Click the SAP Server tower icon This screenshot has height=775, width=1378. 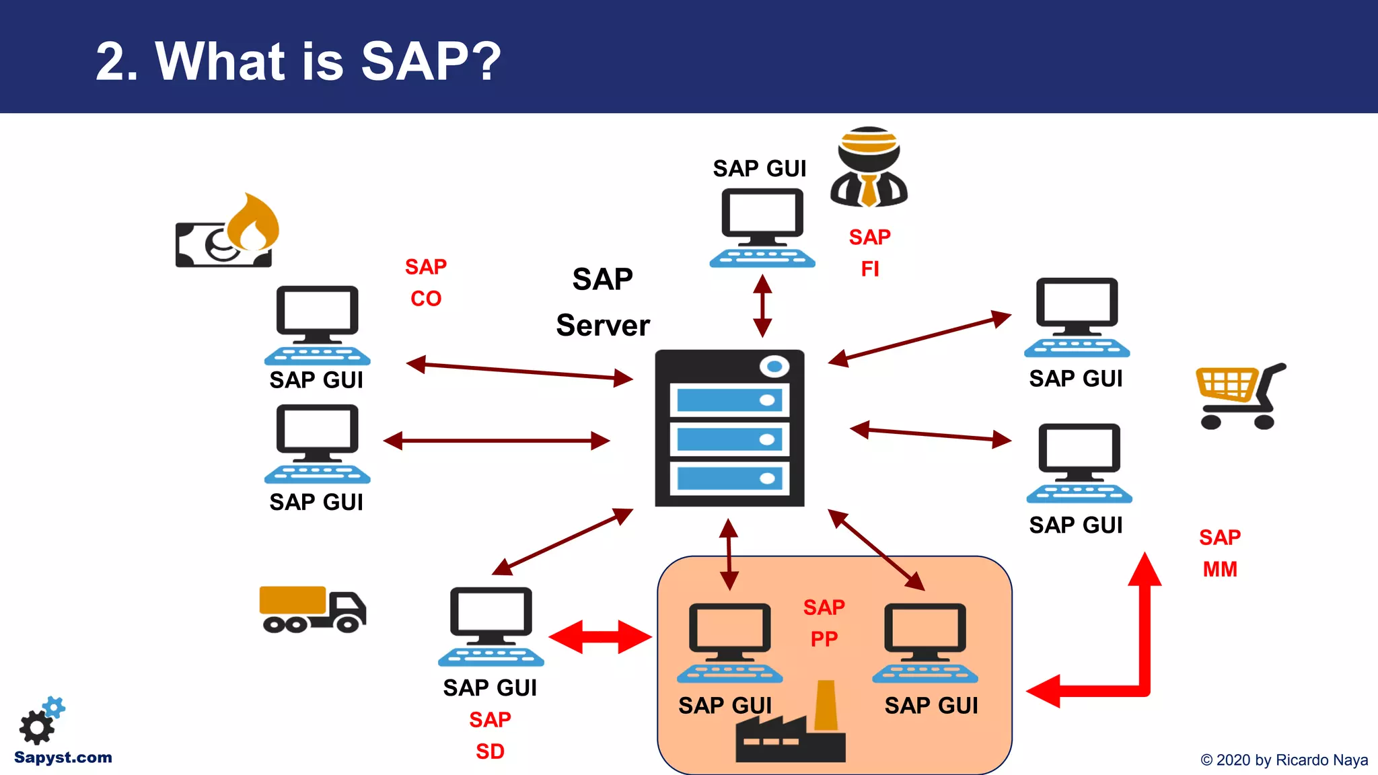coord(729,428)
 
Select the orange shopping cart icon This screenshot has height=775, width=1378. coord(1239,396)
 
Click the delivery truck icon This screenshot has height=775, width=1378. coord(312,610)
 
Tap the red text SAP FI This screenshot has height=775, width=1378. coord(869,253)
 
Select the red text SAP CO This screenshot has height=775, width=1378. coord(425,283)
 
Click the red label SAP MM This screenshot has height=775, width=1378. coord(1219,553)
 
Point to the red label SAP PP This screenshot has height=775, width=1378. coord(824,623)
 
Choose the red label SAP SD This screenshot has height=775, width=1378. coord(490,735)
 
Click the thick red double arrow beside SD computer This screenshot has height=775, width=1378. coord(600,636)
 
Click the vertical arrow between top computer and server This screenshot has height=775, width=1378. coord(762,306)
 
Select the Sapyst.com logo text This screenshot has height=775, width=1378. coord(63,758)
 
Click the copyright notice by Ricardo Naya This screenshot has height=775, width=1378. coord(1284,760)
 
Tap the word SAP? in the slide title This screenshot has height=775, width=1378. coord(431,62)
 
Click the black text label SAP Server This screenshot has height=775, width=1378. coord(603,302)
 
